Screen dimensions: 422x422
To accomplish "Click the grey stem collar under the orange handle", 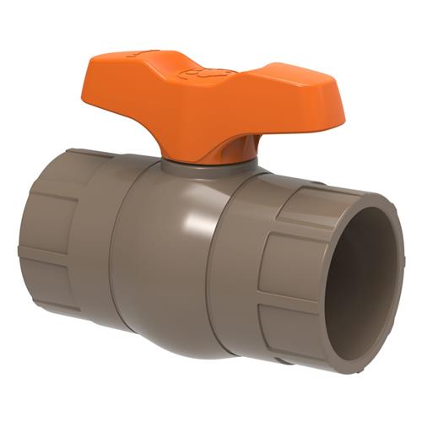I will [207, 166].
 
